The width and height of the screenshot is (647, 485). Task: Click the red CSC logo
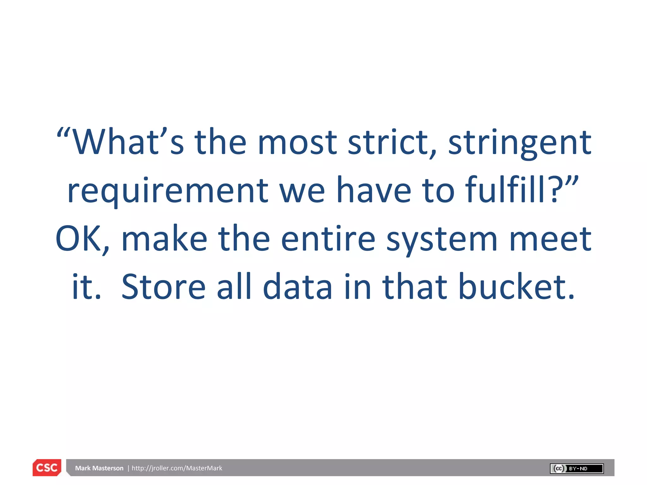[47, 467]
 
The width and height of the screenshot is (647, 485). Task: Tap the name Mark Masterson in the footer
[99, 468]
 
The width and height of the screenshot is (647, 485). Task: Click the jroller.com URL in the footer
[177, 468]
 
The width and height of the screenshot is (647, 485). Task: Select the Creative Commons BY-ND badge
[577, 468]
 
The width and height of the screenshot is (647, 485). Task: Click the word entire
[328, 239]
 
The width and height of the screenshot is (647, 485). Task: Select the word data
[297, 287]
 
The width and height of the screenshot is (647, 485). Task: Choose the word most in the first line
[297, 143]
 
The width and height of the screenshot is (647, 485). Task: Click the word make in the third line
[164, 239]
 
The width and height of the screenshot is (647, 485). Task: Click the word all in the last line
[234, 287]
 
